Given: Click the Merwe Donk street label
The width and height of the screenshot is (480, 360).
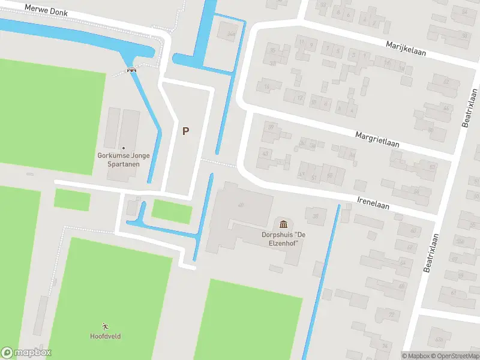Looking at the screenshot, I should (x=46, y=10).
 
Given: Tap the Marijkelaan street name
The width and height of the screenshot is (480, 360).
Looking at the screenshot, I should (x=406, y=48).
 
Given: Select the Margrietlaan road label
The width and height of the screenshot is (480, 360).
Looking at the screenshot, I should (x=376, y=140).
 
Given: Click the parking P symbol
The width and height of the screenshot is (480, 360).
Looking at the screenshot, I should (x=186, y=131).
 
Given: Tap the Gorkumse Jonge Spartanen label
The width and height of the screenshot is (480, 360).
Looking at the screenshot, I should (x=124, y=159).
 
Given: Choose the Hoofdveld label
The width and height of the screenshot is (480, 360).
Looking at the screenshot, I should (x=106, y=336).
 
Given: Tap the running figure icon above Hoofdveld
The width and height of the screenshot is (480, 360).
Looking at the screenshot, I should (x=106, y=326).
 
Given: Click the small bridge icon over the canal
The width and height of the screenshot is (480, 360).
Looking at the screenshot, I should (x=131, y=70).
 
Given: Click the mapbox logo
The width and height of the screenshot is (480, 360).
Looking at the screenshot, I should (x=26, y=353).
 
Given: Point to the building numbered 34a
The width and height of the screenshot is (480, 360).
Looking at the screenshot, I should (x=231, y=34).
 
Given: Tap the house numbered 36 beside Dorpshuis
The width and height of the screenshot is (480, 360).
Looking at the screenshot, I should (x=315, y=216).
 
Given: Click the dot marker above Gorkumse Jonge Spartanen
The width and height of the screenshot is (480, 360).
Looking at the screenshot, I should (x=124, y=148).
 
